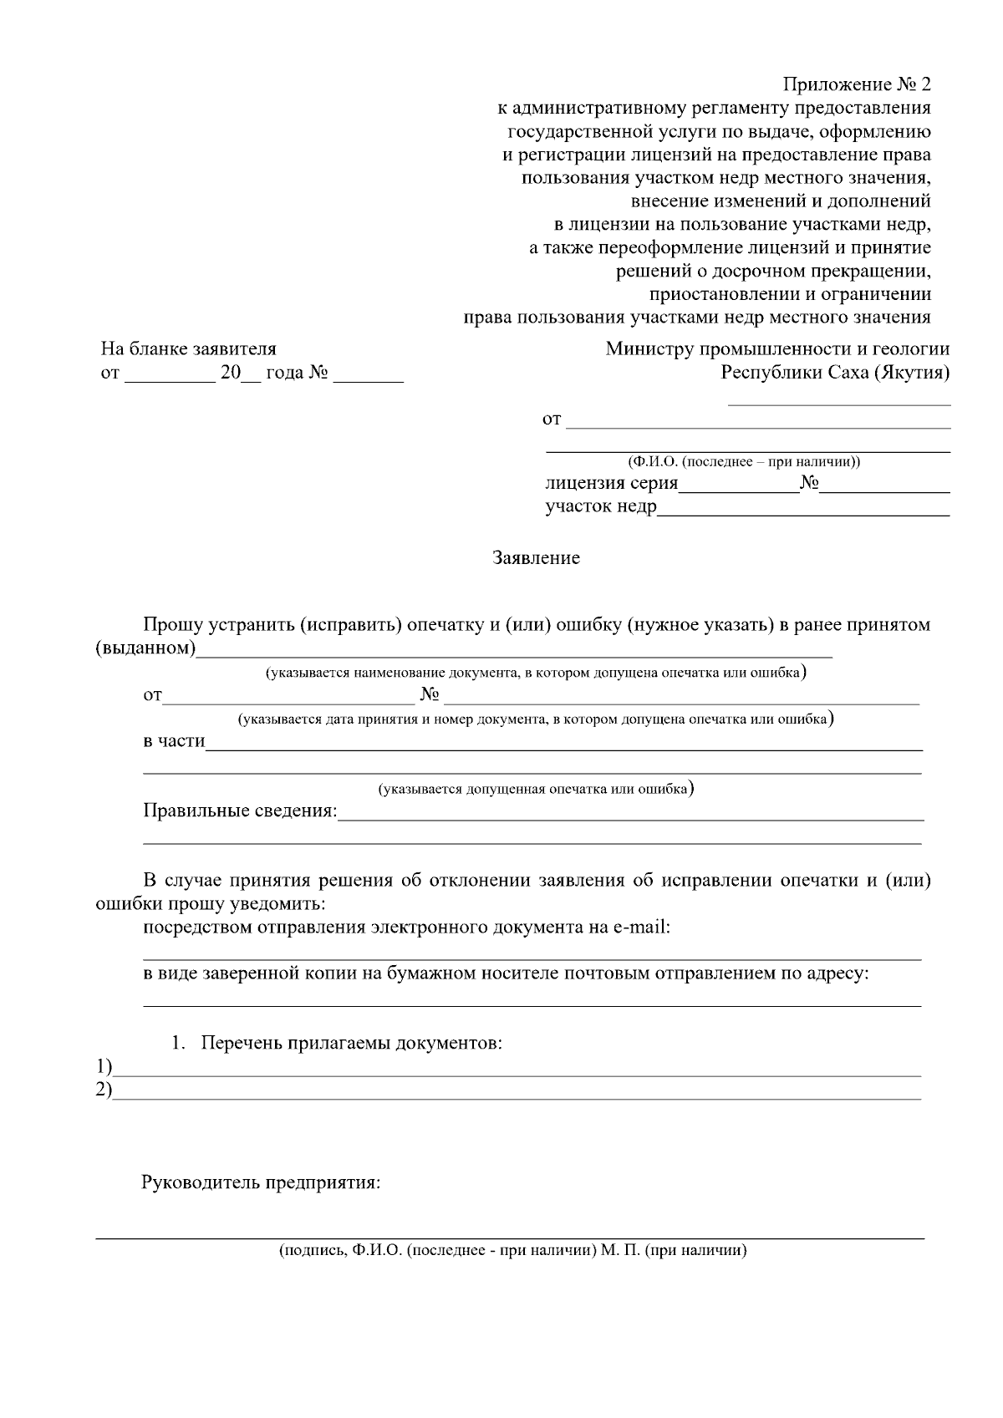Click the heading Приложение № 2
(x=856, y=84)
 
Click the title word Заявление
(x=536, y=558)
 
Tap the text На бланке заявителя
(x=188, y=348)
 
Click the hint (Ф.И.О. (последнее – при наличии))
(x=744, y=461)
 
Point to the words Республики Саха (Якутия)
(x=835, y=373)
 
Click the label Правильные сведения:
(x=240, y=811)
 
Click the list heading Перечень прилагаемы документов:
(x=352, y=1044)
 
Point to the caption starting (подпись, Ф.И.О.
(x=512, y=1251)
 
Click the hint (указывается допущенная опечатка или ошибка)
(x=536, y=789)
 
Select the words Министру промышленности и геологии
(x=777, y=348)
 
